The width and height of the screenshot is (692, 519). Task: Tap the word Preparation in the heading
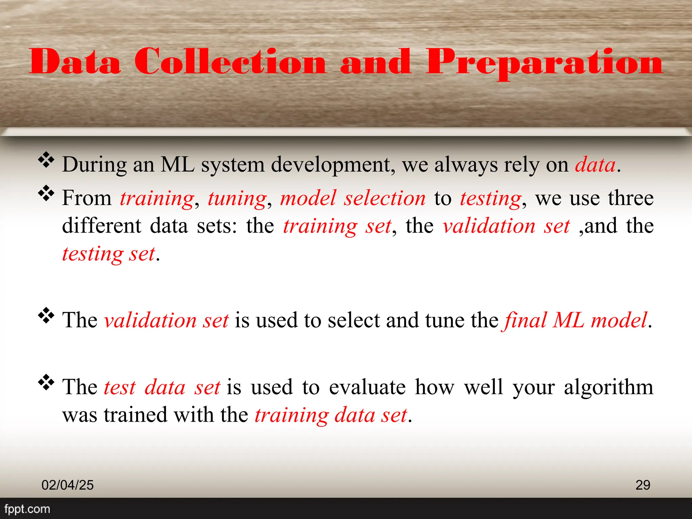(x=544, y=63)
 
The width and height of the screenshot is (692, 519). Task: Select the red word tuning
(x=237, y=199)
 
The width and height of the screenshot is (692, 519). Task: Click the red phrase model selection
(x=353, y=198)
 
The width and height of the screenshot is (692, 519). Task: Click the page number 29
(x=643, y=485)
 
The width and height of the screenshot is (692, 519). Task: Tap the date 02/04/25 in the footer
(x=68, y=485)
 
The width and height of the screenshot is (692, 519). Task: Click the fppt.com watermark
(x=27, y=509)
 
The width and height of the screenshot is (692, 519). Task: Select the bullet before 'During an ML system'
(x=46, y=160)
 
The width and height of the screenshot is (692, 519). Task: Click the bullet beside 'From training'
(x=46, y=194)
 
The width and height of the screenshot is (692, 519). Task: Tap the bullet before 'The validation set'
(x=46, y=316)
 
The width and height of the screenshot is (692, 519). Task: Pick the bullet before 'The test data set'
(x=46, y=382)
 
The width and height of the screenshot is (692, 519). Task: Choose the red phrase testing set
(x=108, y=254)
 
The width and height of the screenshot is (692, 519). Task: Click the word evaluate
(x=367, y=387)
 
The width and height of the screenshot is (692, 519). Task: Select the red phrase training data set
(x=331, y=415)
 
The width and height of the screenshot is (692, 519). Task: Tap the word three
(x=631, y=198)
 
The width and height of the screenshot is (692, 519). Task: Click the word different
(x=102, y=226)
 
